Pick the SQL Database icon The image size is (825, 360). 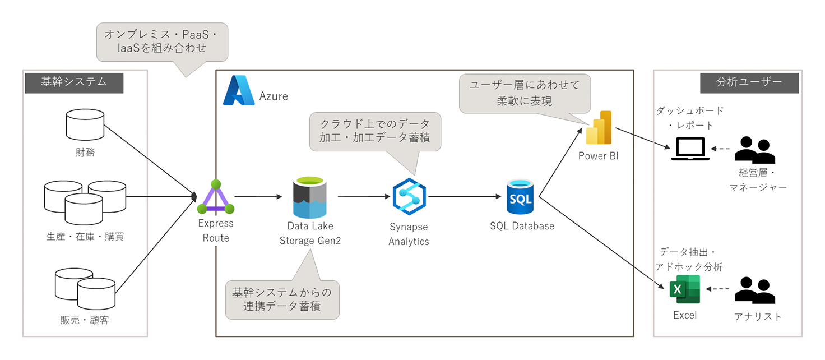[521, 197]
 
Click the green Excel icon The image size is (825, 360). [683, 289]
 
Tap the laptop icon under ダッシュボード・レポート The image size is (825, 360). [687, 149]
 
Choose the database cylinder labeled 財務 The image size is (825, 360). [85, 124]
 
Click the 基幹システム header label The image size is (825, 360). [74, 82]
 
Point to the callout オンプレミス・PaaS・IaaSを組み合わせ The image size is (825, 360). [163, 41]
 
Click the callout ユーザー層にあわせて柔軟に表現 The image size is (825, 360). [525, 93]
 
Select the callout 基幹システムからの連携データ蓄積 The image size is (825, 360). [282, 299]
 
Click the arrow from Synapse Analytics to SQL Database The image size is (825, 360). [465, 197]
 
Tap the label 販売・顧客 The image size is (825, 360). [85, 321]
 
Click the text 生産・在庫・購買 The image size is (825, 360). [85, 237]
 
